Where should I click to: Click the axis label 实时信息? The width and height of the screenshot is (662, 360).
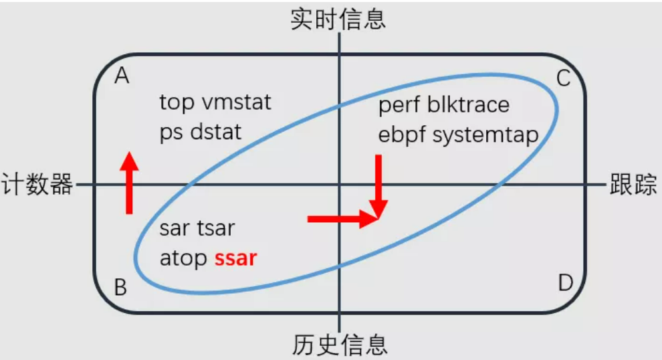(x=338, y=19)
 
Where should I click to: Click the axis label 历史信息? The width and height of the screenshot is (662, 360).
(x=340, y=345)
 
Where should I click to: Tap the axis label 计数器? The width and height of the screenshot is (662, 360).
(x=37, y=184)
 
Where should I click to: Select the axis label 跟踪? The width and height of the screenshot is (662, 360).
(x=633, y=184)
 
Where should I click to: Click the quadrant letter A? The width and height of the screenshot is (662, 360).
(x=122, y=77)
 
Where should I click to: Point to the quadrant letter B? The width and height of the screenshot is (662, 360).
(x=120, y=288)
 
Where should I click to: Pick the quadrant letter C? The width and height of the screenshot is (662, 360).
(x=564, y=79)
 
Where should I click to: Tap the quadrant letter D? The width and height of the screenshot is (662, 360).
(x=565, y=283)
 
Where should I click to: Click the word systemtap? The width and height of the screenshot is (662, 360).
(x=486, y=134)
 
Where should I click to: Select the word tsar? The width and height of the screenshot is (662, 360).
(x=215, y=228)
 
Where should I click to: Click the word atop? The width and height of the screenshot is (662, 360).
(x=183, y=258)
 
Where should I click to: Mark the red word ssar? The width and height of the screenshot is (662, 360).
(x=235, y=258)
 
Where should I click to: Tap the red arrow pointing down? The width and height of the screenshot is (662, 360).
(x=378, y=184)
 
